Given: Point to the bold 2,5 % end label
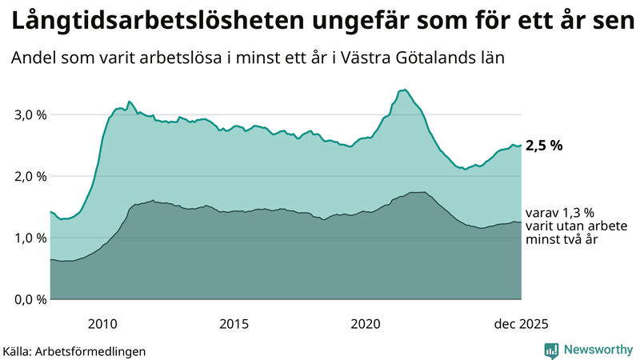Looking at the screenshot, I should [544, 146].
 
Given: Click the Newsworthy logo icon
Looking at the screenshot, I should [551, 350].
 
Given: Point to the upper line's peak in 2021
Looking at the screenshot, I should [406, 90].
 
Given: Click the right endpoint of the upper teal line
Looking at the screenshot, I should [521, 145].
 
